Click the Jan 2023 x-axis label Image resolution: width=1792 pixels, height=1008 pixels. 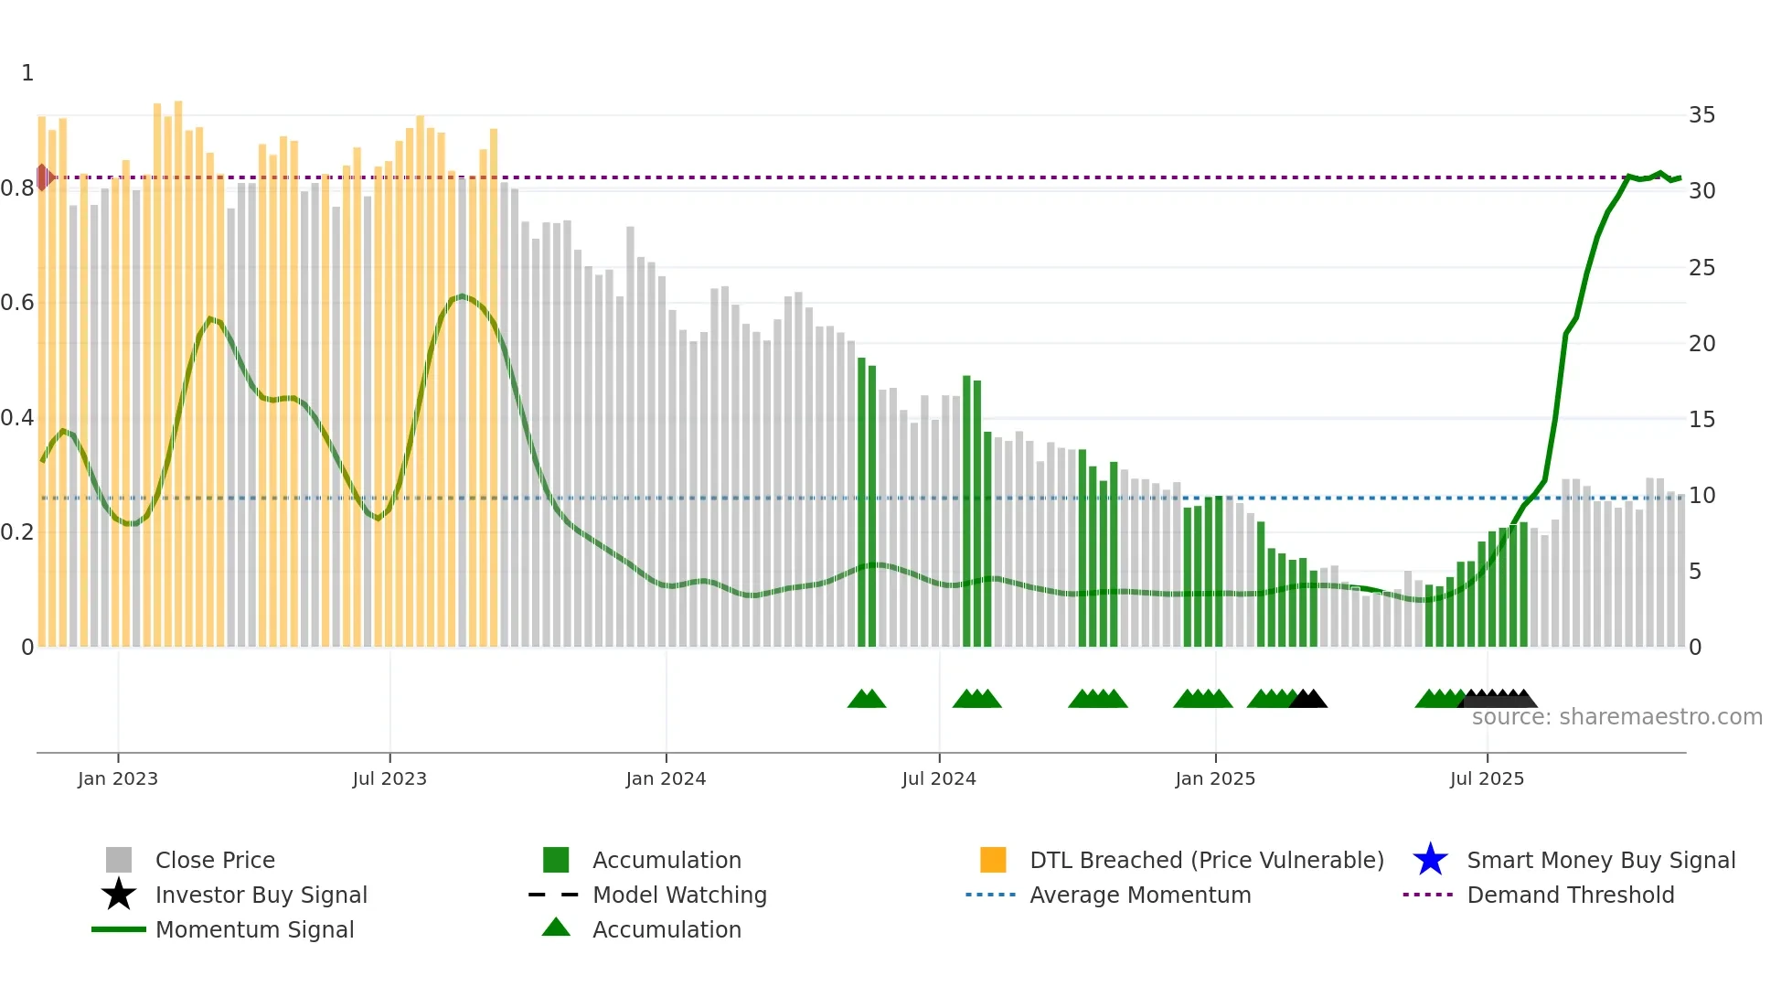click(x=118, y=778)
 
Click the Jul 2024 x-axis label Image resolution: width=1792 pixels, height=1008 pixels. click(x=939, y=778)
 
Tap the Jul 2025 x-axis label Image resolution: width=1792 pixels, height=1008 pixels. click(x=1487, y=778)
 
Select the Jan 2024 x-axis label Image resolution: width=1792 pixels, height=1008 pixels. click(x=666, y=778)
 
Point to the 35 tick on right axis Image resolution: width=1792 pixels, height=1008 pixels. click(x=1701, y=115)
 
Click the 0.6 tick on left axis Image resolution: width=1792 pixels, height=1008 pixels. click(x=17, y=303)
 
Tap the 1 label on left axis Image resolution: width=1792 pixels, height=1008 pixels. click(x=27, y=73)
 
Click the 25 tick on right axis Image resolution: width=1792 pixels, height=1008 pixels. click(x=1701, y=268)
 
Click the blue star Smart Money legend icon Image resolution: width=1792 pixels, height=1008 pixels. click(x=1430, y=860)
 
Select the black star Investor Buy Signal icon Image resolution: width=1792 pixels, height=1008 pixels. click(x=119, y=895)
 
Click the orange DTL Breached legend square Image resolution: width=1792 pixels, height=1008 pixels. click(x=993, y=860)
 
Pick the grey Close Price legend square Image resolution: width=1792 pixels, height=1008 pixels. click(x=119, y=860)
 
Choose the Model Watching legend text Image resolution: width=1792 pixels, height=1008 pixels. click(x=679, y=895)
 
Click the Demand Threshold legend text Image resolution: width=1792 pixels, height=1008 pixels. click(x=1570, y=895)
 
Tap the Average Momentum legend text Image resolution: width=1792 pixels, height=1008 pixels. click(x=1140, y=895)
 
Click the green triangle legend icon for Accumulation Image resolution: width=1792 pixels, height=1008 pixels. click(x=556, y=928)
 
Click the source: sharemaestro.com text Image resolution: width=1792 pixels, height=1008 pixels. click(x=1616, y=717)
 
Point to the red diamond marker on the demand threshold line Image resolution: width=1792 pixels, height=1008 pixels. click(x=43, y=177)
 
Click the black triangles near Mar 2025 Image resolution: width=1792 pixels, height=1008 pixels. click(x=1308, y=700)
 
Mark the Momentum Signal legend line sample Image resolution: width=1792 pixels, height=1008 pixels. click(x=119, y=929)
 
